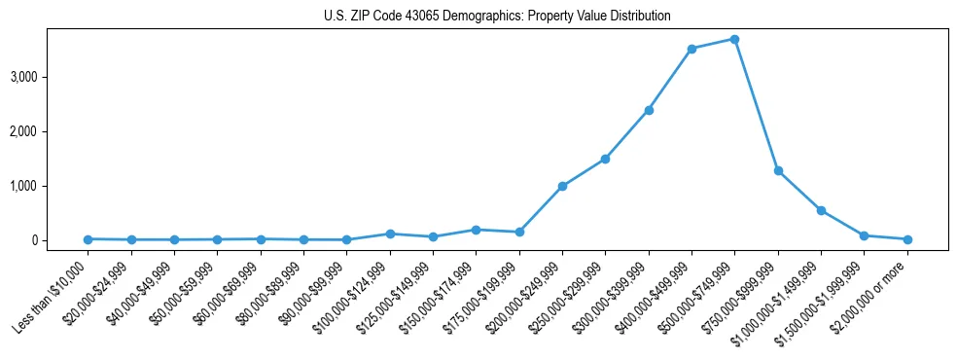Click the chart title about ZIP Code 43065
497,17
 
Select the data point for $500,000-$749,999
734,39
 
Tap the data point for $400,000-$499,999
691,49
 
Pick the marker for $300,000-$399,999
649,110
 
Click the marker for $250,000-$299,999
605,159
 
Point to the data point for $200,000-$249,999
562,186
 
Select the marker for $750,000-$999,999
778,170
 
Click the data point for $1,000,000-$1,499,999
821,210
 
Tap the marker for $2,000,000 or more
907,239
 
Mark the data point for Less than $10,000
88,239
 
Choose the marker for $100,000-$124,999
390,234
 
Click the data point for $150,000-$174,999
476,230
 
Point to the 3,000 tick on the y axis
51,77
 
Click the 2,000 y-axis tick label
51,131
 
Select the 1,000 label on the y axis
51,186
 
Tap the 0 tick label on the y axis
59,240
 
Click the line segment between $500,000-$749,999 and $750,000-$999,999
757,105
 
